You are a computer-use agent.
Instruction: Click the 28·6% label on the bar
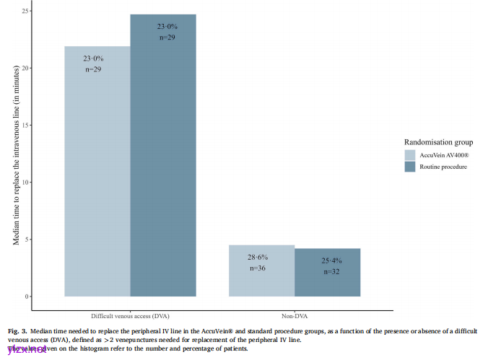[x=261, y=257]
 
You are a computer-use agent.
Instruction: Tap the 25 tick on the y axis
[x=45, y=12]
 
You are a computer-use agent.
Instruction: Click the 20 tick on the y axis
[x=45, y=69]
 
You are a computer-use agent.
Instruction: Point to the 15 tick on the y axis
[x=45, y=126]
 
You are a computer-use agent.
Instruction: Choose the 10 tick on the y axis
[x=45, y=183]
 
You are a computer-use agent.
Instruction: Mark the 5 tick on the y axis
[x=46, y=240]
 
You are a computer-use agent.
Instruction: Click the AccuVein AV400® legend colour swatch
[x=410, y=154]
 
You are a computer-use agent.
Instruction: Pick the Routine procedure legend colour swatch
[x=410, y=167]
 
